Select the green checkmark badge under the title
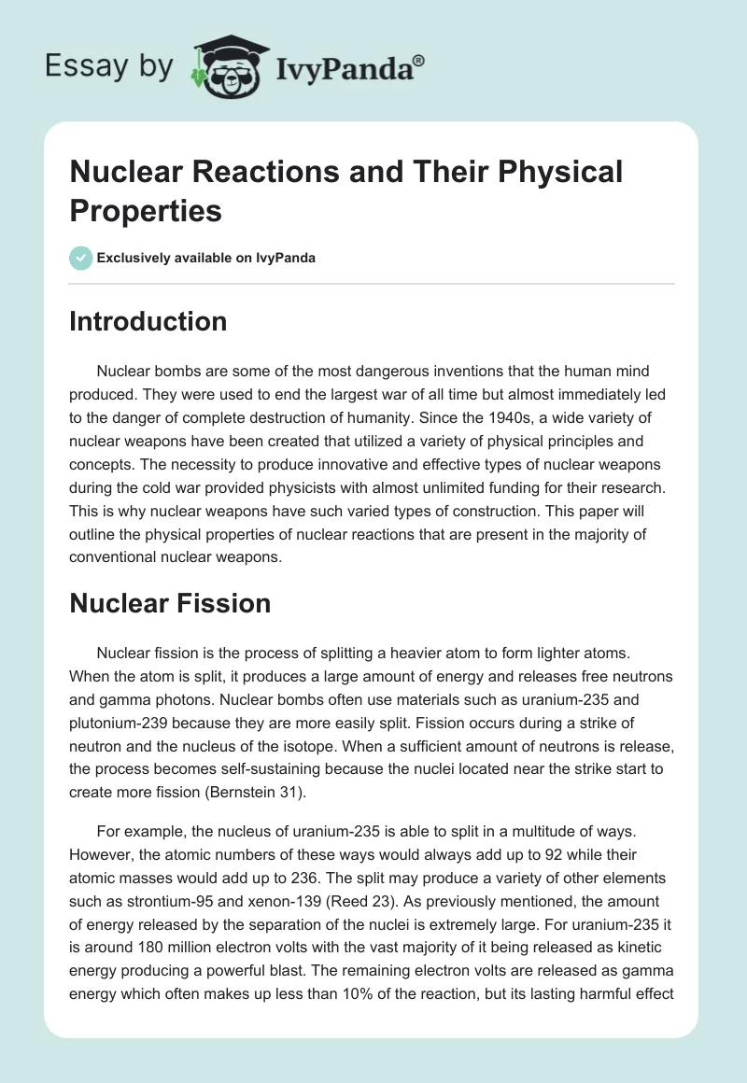tap(81, 258)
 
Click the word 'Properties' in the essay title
tap(146, 210)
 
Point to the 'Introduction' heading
tap(148, 321)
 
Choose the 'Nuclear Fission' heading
tap(170, 603)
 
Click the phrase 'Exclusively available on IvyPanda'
tap(207, 258)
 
